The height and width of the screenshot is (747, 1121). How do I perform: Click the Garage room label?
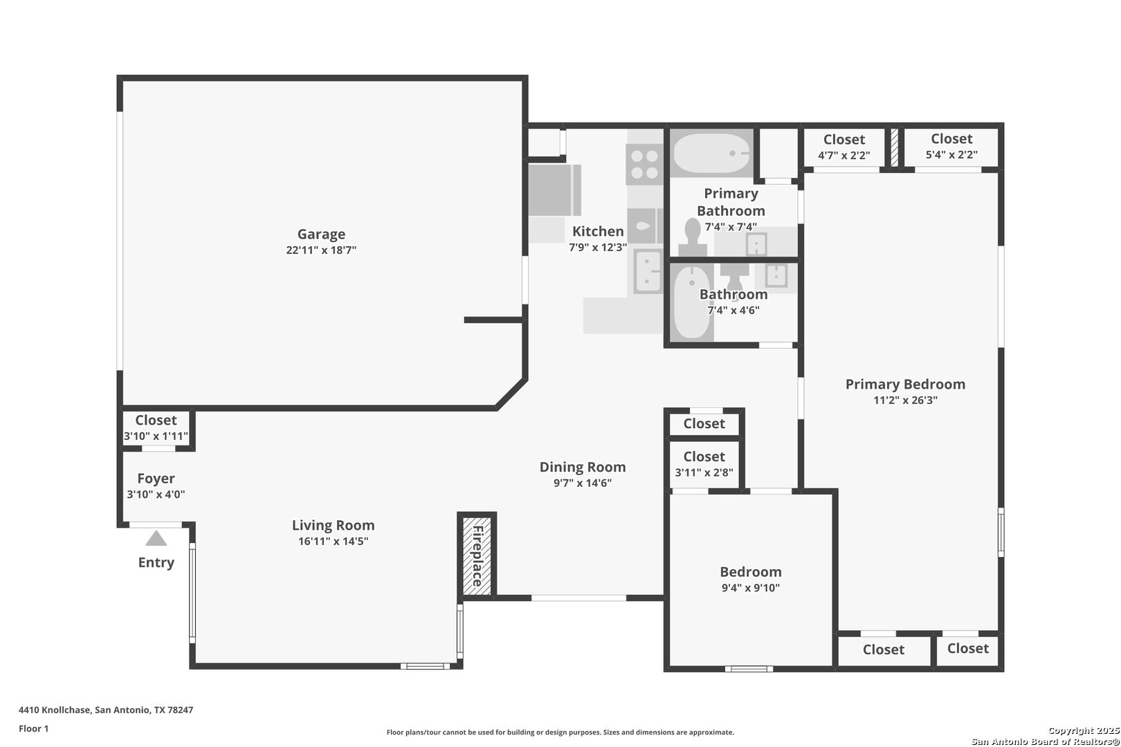(321, 234)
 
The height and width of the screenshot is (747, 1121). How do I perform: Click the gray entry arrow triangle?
(156, 538)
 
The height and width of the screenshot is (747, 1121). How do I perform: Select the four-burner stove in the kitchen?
(644, 165)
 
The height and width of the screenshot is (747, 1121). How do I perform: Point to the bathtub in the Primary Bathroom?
(711, 153)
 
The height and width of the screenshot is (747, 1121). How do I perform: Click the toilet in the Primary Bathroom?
(693, 239)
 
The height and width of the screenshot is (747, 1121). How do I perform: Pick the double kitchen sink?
(648, 272)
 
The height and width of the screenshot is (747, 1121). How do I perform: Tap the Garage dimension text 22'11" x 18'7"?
(321, 250)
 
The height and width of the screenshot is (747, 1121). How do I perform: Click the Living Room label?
(334, 525)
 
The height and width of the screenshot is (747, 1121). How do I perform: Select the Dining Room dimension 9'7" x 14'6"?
(583, 483)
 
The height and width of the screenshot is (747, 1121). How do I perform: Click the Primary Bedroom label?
(905, 384)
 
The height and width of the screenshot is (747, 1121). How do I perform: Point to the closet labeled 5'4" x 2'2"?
(951, 148)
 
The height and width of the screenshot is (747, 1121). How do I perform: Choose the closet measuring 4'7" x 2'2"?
(844, 149)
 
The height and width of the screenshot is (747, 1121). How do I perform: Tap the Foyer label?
(156, 479)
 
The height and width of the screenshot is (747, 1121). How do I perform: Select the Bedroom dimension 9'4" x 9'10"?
(751, 588)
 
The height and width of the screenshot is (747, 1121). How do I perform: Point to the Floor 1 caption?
(33, 728)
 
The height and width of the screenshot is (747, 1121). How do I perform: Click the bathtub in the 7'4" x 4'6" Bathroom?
(691, 303)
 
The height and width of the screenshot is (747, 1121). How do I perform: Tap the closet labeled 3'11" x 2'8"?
(704, 464)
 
